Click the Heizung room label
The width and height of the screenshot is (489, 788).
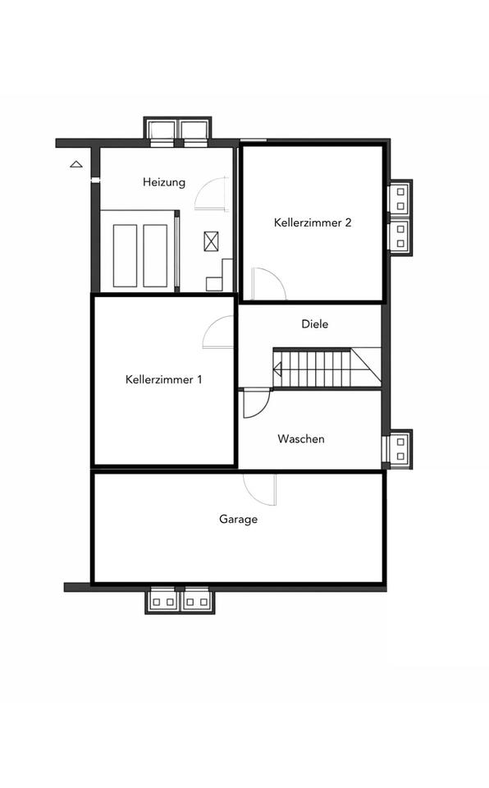point(164,182)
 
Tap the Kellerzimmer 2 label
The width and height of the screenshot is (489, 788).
point(313,222)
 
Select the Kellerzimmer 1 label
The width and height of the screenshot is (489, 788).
point(163,379)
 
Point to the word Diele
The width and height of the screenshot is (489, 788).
point(314,323)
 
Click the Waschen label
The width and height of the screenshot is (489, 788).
point(300,438)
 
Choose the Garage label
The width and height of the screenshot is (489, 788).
point(238,519)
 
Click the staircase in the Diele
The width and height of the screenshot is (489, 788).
point(327,368)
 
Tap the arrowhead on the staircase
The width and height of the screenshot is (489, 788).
point(277,370)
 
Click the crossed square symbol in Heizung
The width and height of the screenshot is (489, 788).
point(211,241)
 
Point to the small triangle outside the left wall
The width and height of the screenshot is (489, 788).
point(75,164)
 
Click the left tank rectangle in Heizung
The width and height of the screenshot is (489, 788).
point(125,256)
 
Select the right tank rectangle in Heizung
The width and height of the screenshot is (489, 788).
point(155,256)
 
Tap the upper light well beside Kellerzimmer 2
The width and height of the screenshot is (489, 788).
point(400,199)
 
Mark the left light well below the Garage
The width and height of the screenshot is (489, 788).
point(162,600)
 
